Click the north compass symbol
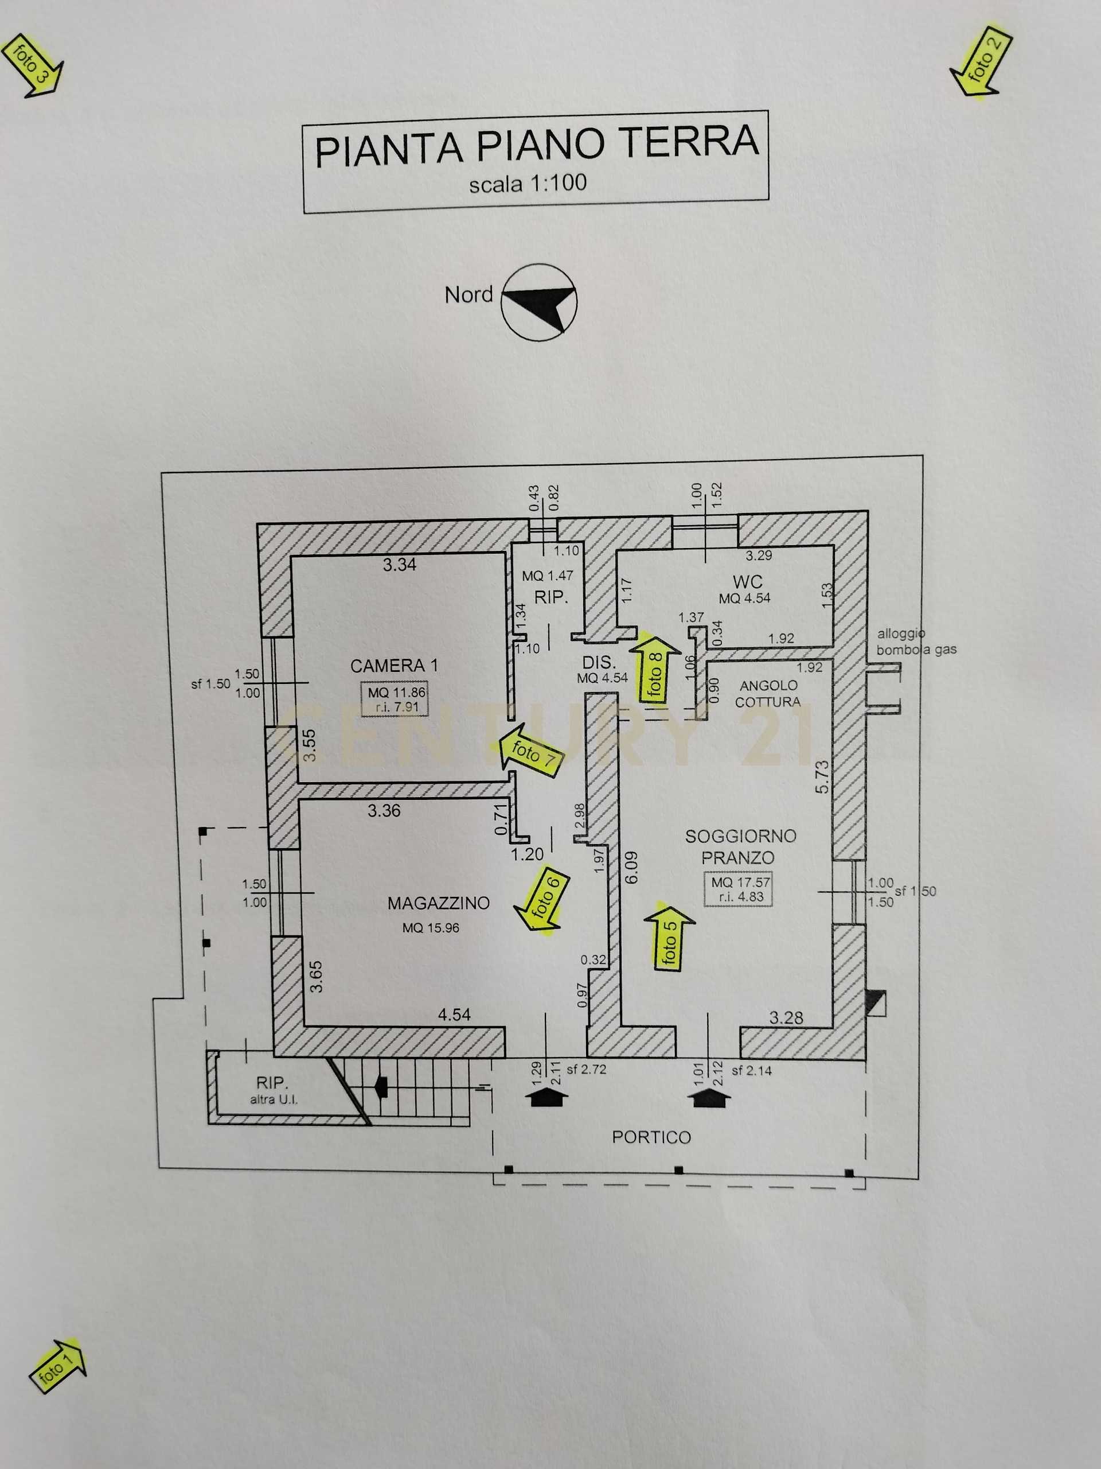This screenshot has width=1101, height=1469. (539, 302)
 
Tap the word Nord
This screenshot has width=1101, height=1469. (468, 295)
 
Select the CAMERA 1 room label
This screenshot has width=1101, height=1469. (394, 666)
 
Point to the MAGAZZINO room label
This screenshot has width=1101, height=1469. (439, 903)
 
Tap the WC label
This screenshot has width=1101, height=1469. (747, 582)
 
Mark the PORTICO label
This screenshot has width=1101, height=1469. (651, 1137)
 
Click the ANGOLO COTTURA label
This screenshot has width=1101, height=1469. (768, 693)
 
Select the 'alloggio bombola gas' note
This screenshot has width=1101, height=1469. (916, 642)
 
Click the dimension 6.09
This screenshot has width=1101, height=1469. (631, 867)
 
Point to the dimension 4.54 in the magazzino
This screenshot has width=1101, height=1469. (454, 1015)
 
